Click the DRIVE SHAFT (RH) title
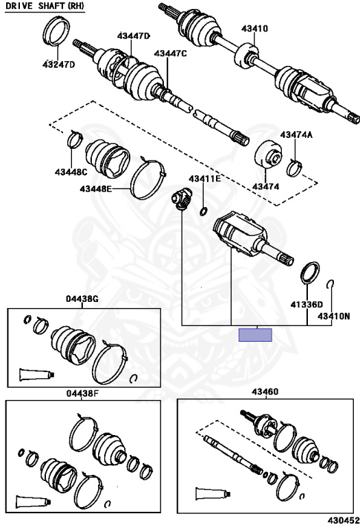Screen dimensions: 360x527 point(45,6)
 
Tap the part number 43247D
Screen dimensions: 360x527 point(58,65)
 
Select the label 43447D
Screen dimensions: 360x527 point(133,36)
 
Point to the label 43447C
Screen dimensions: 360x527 point(170,53)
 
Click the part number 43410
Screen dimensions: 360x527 point(254,29)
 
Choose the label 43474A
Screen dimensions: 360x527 point(296,134)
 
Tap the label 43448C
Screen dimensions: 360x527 point(71,172)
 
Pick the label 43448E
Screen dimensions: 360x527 point(96,189)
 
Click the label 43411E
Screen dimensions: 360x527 point(204,178)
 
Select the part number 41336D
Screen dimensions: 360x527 point(307,305)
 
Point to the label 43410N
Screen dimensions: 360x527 point(334,316)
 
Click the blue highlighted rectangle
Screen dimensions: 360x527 point(255,335)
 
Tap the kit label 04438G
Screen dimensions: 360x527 point(82,298)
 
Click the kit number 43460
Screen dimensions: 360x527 point(265,392)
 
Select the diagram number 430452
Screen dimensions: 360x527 point(343,521)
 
